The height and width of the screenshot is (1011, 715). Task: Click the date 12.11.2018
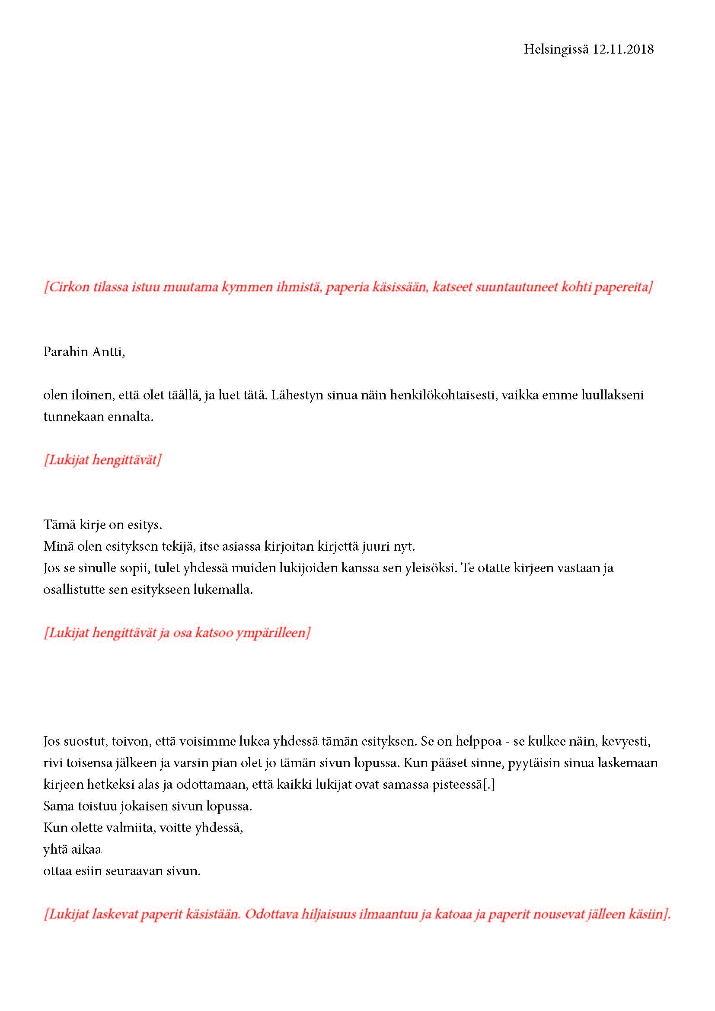(x=622, y=49)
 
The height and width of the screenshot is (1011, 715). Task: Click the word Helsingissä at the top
(x=555, y=49)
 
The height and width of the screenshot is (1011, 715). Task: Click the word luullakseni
(x=612, y=395)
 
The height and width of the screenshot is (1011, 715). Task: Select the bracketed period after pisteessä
(x=489, y=785)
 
